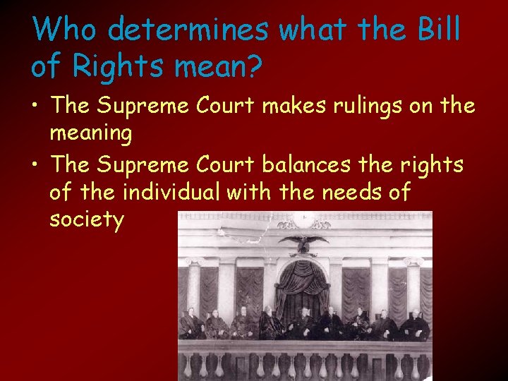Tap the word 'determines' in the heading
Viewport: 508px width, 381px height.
[x=189, y=30]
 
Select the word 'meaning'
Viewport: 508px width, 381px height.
[x=91, y=133]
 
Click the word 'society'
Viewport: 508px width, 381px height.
[x=87, y=219]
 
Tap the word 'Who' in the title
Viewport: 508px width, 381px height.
[x=60, y=30]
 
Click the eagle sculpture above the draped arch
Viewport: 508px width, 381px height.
[x=304, y=243]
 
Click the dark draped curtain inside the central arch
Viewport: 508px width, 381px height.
[x=303, y=282]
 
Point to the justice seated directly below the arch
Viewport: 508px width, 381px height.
[x=304, y=322]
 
